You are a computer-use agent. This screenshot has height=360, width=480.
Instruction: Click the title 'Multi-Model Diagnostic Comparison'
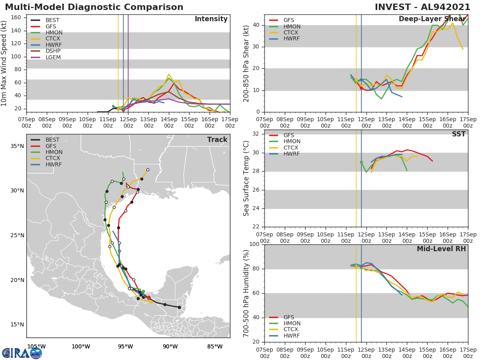94,7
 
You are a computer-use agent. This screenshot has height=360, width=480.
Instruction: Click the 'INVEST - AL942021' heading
423,7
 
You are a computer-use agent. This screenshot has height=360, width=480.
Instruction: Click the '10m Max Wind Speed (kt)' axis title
4,63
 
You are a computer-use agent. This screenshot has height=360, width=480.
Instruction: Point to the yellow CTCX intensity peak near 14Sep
169,74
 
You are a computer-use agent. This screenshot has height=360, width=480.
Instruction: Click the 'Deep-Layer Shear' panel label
432,19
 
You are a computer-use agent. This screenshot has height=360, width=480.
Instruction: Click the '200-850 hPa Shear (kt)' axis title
247,63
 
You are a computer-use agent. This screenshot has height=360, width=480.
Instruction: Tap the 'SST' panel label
458,134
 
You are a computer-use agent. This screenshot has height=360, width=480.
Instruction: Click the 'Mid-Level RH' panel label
441,249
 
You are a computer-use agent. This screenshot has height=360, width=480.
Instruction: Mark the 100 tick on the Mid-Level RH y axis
254,244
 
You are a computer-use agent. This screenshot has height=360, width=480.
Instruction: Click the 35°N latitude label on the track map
16,146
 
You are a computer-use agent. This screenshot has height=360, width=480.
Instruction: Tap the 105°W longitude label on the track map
36,346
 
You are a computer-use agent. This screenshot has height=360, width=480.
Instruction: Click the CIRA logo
22,353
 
